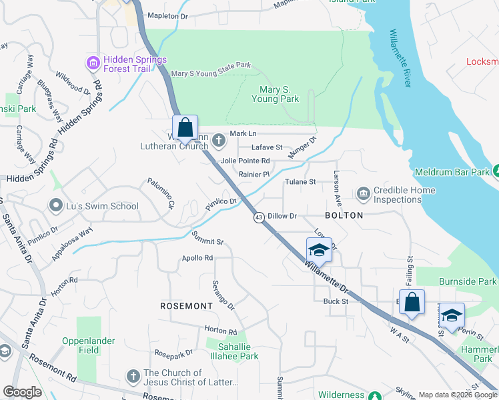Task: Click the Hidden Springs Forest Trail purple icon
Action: [93, 63]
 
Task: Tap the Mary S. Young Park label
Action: [275, 93]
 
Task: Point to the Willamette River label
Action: [400, 58]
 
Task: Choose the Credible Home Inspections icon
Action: [364, 194]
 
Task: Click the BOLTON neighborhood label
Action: [344, 215]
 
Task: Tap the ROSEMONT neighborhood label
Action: [186, 305]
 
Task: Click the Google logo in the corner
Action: [22, 393]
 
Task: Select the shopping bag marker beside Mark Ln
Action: [185, 127]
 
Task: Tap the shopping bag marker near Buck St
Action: [412, 301]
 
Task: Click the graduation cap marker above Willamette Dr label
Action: [319, 250]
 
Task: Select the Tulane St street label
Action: [300, 181]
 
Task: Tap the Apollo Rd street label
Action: [197, 258]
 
